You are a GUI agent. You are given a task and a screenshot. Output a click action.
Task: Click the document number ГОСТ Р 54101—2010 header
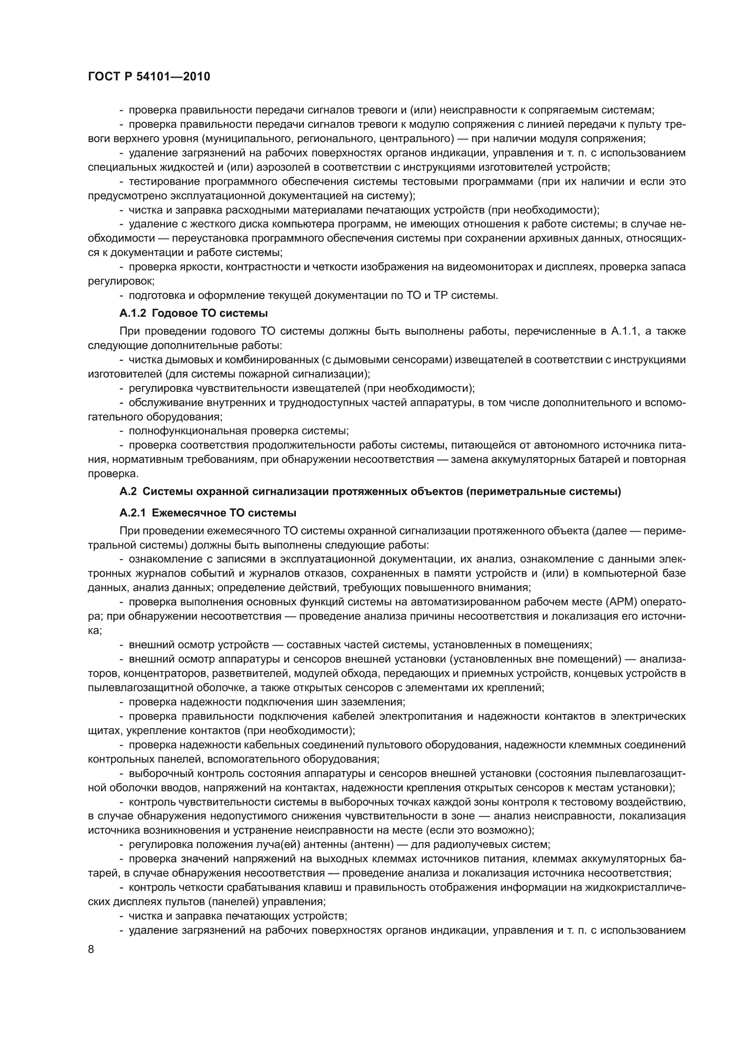pos(149,77)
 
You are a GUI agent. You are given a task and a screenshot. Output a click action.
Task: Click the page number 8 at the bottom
pos(91,949)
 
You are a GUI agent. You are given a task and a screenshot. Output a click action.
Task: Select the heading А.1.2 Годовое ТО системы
pos(193,313)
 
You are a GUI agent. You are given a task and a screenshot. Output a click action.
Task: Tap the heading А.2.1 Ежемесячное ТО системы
pos(208,513)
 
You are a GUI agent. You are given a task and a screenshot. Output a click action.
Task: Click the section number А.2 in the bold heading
pos(128,491)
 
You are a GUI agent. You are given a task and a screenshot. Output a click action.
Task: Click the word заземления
pos(374,702)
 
